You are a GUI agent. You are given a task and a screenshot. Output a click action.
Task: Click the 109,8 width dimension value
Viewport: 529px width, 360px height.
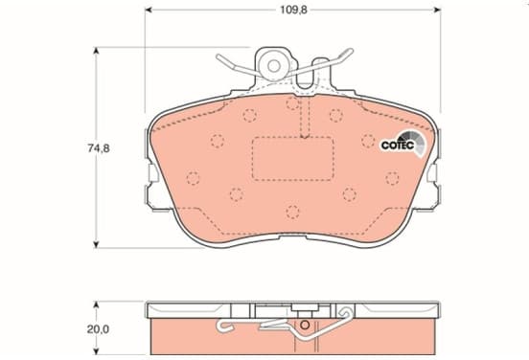pyautogui.click(x=293, y=10)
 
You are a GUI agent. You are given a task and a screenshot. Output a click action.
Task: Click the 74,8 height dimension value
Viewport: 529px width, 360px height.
pyautogui.click(x=99, y=148)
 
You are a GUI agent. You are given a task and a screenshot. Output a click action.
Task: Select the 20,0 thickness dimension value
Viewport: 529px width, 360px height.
pyautogui.click(x=98, y=329)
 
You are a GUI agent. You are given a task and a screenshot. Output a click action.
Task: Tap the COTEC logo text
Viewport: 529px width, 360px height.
pyautogui.click(x=398, y=146)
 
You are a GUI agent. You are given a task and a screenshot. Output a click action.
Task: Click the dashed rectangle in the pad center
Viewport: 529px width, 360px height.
pyautogui.click(x=293, y=158)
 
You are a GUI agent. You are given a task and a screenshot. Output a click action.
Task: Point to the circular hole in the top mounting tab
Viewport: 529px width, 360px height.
pyautogui.click(x=274, y=66)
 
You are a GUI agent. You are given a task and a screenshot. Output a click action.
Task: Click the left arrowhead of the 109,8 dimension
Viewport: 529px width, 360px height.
pyautogui.click(x=149, y=10)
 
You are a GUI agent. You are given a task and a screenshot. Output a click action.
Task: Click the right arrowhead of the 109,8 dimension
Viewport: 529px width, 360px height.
pyautogui.click(x=437, y=10)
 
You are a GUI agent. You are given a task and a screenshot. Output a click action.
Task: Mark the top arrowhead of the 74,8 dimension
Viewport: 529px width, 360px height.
pyautogui.click(x=96, y=51)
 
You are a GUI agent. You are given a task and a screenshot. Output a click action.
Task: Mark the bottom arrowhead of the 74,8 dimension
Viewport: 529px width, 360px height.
pyautogui.click(x=96, y=244)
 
